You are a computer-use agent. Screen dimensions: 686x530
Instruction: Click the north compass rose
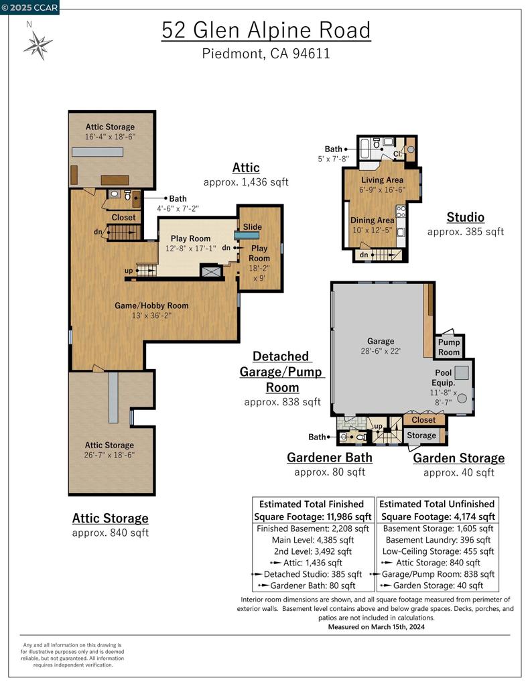point(38,46)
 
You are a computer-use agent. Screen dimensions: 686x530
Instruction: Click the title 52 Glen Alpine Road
point(265,30)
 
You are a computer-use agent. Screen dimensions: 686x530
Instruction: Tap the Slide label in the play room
point(252,226)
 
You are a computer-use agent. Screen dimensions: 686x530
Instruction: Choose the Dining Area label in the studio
point(372,220)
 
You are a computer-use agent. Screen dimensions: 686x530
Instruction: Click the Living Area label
point(382,180)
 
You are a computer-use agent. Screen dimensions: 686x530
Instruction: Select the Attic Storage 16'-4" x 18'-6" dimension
point(110,137)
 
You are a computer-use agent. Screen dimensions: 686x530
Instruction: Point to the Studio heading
point(465,217)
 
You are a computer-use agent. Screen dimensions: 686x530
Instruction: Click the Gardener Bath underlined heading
point(329,458)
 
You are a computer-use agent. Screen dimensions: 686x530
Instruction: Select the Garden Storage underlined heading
point(458,458)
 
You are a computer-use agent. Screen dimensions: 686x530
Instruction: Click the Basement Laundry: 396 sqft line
point(438,540)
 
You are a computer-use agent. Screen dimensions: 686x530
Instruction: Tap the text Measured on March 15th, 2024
point(376,627)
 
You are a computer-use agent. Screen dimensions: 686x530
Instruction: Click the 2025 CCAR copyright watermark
point(30,7)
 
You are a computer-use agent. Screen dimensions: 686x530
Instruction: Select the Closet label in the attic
point(123,217)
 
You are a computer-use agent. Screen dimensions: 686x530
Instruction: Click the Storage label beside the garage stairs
point(421,435)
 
